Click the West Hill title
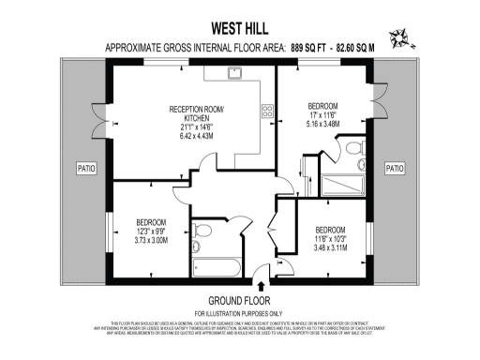(x=240, y=27)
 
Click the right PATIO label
(x=395, y=169)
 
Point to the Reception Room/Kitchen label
(x=196, y=113)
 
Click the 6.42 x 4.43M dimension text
(x=196, y=135)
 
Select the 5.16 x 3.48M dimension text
(x=322, y=123)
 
